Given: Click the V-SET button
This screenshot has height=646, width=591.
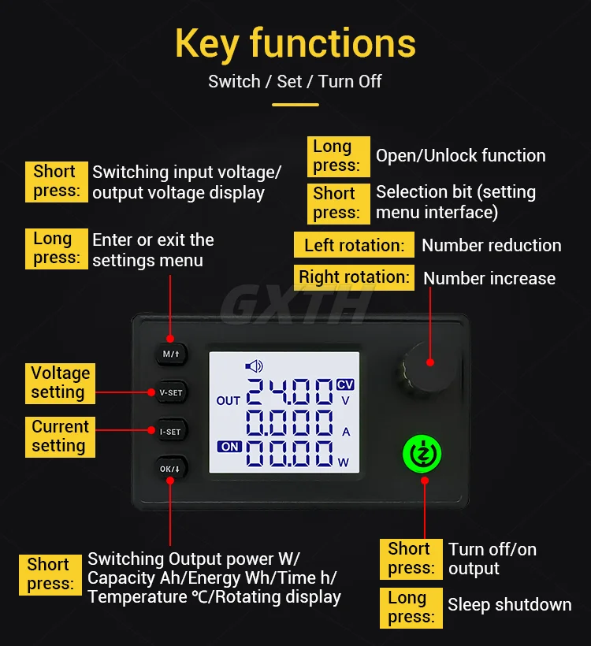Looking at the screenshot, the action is click(171, 392).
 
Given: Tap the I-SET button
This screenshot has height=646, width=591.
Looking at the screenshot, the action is click(171, 432).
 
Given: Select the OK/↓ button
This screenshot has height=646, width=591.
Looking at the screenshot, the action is click(171, 469).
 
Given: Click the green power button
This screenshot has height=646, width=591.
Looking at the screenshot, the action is click(422, 454).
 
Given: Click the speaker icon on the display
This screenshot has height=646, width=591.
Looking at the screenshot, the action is click(254, 366).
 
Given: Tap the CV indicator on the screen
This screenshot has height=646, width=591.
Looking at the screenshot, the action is click(345, 384).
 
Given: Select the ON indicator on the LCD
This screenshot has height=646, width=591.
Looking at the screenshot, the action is click(229, 447).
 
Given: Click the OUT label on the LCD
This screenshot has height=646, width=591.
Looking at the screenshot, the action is click(228, 400).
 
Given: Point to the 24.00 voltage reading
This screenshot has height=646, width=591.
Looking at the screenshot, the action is click(289, 392).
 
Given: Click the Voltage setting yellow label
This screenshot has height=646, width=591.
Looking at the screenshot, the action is click(60, 383).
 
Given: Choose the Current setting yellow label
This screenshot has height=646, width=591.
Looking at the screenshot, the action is click(60, 436).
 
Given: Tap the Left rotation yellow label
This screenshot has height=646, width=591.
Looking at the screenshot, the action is click(354, 245).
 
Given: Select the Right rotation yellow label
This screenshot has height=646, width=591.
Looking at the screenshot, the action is click(354, 277).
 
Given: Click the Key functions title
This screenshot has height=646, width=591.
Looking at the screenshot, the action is click(295, 44).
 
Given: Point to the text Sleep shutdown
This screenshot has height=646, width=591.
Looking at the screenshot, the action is click(509, 605).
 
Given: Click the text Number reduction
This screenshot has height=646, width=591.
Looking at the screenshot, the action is click(491, 246).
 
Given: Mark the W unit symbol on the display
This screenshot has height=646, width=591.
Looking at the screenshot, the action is click(344, 462).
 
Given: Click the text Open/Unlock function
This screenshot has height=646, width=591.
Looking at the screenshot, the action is click(461, 156).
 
